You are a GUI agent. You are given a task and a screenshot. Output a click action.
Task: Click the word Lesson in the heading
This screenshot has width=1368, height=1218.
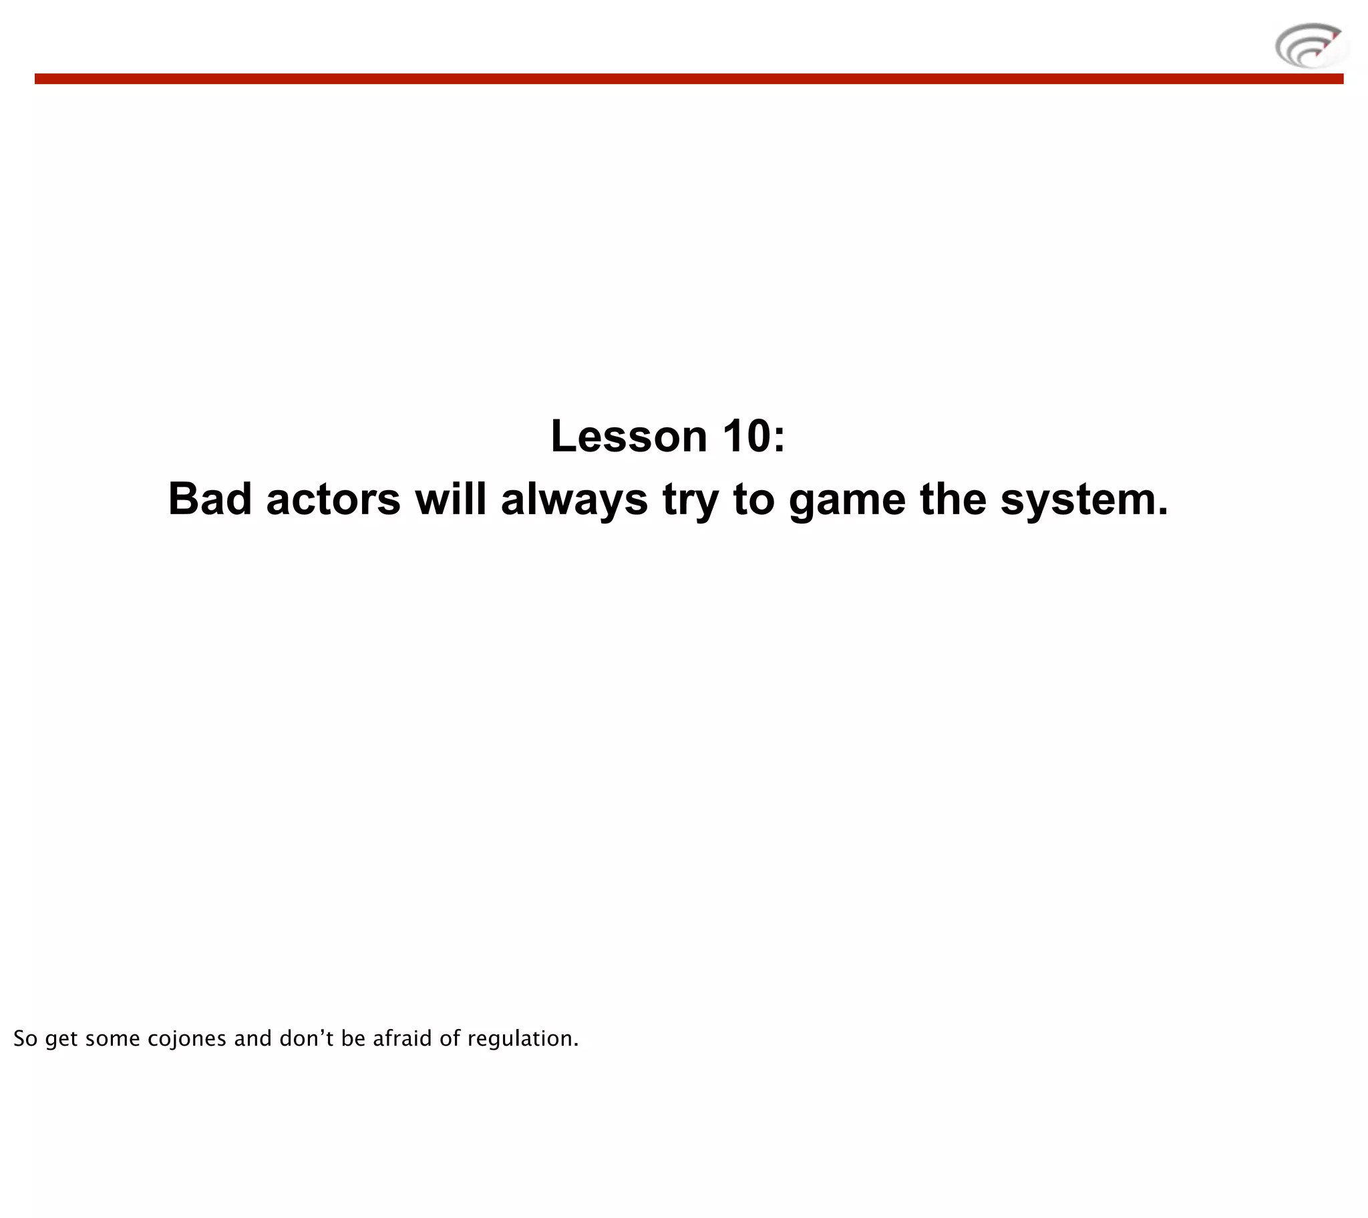pos(629,436)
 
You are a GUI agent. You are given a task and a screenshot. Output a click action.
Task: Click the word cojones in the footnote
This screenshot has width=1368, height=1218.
pos(187,1038)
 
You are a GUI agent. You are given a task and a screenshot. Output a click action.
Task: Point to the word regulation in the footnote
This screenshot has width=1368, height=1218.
pos(523,1038)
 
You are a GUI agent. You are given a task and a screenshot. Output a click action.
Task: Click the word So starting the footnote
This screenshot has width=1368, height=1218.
pos(25,1038)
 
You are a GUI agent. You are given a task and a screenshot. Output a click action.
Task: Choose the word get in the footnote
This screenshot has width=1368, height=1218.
pos(61,1039)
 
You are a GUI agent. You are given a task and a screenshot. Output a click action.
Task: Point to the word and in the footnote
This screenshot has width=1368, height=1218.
pos(252,1038)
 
